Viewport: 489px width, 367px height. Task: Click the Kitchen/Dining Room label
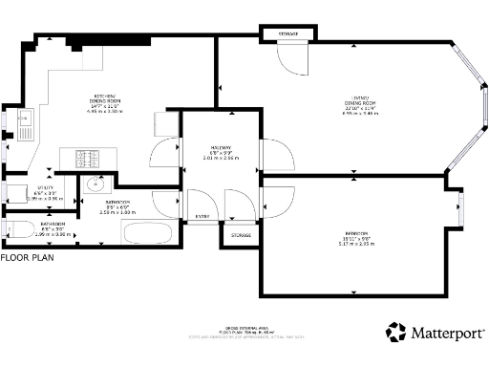coord(104,103)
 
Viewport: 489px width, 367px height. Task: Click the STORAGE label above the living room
coord(287,34)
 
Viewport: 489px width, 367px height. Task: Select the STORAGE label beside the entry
coord(241,234)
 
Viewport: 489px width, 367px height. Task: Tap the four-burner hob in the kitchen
coord(89,158)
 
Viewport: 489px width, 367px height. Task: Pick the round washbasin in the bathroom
coord(93,184)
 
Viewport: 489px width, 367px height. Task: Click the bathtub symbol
coord(147,234)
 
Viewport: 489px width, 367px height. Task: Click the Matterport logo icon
coord(396,333)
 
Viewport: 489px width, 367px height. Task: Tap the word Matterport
coord(447,334)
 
